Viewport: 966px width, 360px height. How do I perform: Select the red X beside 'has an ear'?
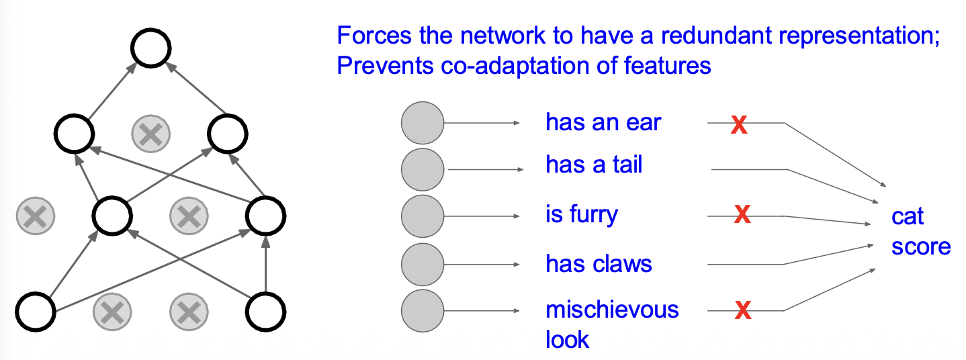click(739, 125)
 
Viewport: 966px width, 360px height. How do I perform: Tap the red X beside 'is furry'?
click(742, 215)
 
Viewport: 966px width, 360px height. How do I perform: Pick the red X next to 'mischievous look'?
click(742, 310)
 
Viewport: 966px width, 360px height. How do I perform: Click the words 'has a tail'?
click(594, 165)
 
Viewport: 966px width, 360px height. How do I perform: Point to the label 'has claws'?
click(599, 264)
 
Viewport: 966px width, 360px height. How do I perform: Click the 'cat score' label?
click(920, 232)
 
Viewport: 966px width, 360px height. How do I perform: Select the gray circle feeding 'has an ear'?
click(423, 123)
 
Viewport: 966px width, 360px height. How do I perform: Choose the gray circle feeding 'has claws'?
click(423, 264)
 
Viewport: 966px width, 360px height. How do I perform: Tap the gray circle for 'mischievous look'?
click(423, 310)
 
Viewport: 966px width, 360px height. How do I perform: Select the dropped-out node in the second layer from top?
click(150, 134)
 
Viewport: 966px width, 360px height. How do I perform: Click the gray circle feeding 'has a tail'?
click(423, 169)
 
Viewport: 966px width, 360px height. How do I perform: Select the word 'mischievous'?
click(612, 310)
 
